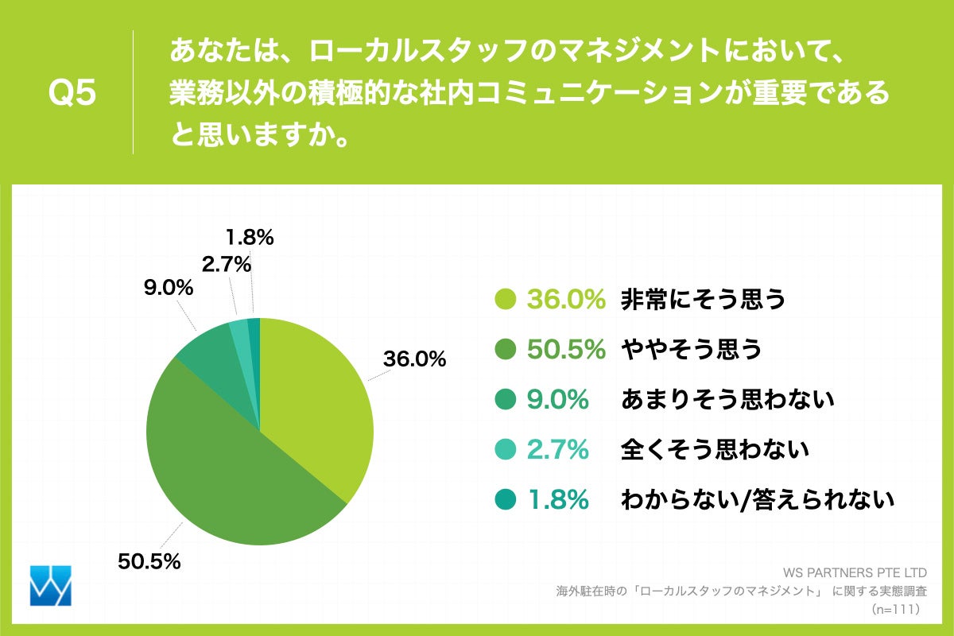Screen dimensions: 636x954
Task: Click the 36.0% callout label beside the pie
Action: click(x=414, y=359)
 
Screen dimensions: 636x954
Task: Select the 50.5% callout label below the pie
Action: click(x=149, y=560)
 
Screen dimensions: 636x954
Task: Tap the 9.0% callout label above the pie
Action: click(x=169, y=288)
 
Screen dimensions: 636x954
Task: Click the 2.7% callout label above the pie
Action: click(x=226, y=264)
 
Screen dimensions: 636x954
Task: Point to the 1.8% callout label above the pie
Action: click(x=249, y=236)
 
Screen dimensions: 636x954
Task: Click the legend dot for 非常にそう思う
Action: click(x=506, y=300)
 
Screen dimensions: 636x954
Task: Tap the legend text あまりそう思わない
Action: click(x=727, y=399)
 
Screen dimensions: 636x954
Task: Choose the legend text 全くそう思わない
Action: click(x=714, y=449)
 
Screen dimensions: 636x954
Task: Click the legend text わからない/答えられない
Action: click(x=757, y=499)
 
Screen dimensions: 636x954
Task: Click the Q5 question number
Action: click(x=72, y=93)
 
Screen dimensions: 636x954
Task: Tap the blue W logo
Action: click(x=50, y=586)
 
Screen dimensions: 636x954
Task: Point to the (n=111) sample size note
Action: click(x=894, y=609)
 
